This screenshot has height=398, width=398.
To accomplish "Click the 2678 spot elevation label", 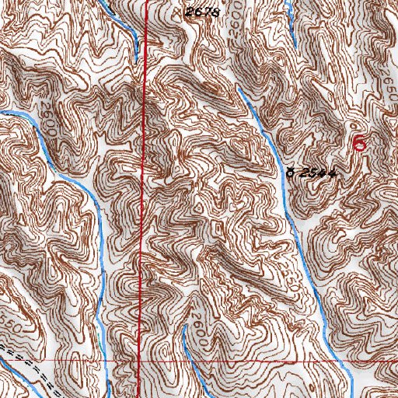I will coord(199,12).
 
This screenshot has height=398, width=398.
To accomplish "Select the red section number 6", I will coord(358,142).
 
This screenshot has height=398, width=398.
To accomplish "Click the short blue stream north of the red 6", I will coord(290,23).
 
